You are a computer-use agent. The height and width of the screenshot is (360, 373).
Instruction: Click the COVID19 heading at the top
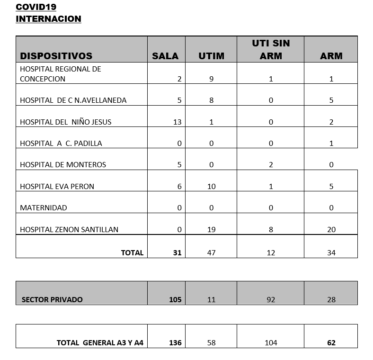[36, 7]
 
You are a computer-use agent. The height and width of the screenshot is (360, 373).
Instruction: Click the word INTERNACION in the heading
[48, 19]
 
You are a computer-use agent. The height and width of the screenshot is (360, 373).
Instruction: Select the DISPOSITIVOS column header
[56, 56]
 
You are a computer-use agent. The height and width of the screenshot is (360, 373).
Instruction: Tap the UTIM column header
[211, 56]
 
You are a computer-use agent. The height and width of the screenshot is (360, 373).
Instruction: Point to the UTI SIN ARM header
[271, 49]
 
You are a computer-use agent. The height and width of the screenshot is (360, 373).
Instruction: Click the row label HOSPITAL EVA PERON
[57, 187]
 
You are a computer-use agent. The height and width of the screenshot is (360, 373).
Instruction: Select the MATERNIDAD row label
[44, 208]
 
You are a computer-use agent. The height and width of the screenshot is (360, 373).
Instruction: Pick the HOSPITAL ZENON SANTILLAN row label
[69, 230]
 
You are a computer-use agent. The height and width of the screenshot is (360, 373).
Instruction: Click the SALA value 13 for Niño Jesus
[177, 122]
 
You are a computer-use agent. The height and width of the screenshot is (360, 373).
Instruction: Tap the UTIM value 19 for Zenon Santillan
[211, 230]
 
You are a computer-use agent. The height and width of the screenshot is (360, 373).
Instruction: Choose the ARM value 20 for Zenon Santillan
[331, 230]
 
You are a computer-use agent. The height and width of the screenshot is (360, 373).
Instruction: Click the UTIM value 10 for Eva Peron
[211, 187]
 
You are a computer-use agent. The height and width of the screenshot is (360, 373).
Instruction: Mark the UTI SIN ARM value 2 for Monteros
[271, 165]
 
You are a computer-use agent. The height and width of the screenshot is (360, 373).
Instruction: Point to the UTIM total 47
[211, 253]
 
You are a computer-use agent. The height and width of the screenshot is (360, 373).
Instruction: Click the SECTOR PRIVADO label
[52, 300]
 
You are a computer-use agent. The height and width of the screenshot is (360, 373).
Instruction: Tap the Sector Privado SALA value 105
[175, 300]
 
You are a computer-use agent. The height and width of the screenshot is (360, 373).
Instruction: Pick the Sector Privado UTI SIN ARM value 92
[271, 300]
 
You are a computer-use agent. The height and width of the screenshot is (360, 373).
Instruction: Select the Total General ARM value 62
[331, 343]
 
